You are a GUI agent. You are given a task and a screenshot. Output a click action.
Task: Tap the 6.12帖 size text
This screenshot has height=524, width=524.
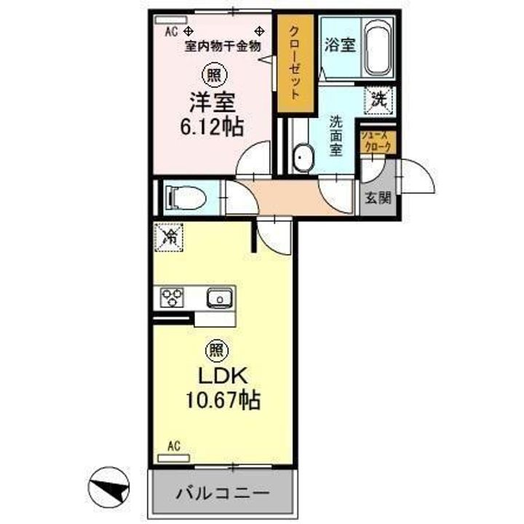point(213,127)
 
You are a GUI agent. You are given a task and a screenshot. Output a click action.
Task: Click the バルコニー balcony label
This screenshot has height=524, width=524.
point(223,493)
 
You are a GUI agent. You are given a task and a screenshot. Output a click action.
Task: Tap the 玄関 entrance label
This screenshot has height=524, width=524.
point(378,198)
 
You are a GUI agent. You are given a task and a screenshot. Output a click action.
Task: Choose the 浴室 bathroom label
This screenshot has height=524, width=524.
point(341,44)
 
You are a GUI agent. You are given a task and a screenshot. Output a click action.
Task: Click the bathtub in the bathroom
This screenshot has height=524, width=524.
point(378,48)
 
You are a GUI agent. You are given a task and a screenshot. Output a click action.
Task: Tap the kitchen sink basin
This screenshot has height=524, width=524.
point(218,297)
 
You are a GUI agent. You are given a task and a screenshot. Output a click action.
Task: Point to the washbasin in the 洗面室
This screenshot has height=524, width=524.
point(302,158)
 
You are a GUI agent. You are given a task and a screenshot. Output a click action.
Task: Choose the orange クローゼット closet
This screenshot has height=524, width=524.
point(295,63)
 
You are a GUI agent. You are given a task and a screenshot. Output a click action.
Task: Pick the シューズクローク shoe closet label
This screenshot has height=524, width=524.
point(378,140)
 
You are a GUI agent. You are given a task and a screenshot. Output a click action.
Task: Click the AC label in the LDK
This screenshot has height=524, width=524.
point(173,445)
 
